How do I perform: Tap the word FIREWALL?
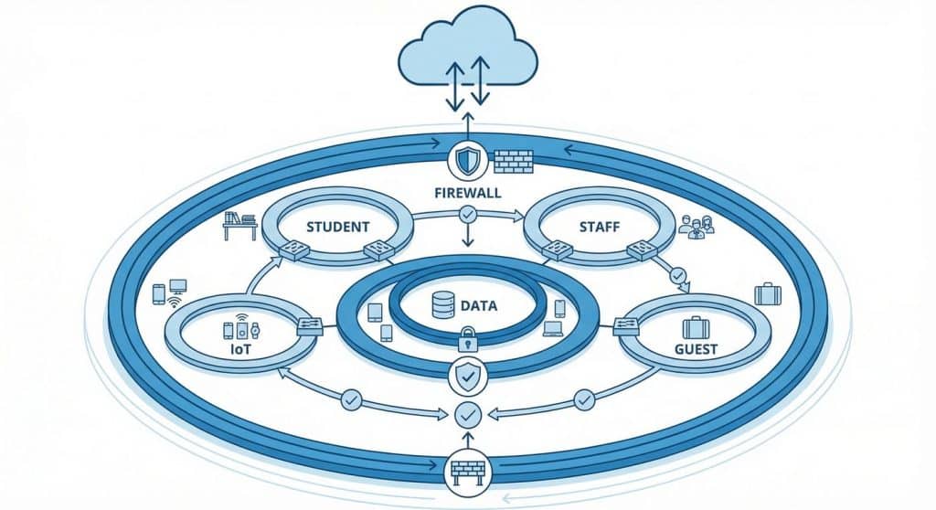point(467,194)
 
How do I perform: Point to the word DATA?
point(478,306)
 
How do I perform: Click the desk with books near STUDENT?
point(240,224)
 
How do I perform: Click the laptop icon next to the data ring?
point(553,326)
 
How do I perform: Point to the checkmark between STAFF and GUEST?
point(677,274)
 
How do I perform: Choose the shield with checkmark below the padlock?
point(467,374)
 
